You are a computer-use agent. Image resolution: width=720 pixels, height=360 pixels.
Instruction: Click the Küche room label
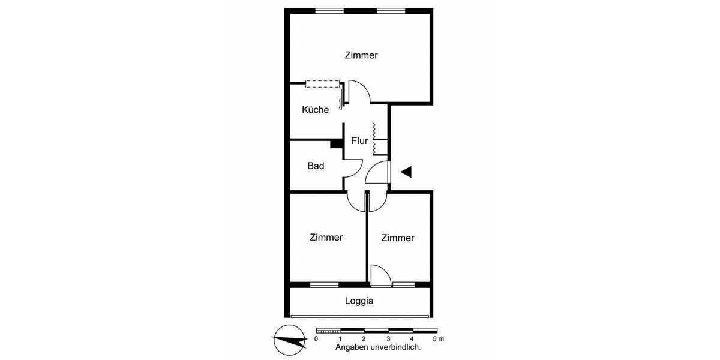315,110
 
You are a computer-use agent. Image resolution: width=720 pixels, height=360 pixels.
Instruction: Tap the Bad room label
316,166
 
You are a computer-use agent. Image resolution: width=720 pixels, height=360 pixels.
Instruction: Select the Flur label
359,141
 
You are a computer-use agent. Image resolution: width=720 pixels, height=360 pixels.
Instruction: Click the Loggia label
359,301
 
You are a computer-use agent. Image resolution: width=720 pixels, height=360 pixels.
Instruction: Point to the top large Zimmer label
361,55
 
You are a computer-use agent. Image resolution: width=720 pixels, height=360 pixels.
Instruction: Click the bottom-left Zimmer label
326,238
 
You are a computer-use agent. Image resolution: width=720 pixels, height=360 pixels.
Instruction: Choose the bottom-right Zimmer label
397,238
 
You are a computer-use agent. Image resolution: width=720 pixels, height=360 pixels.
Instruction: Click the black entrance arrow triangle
406,172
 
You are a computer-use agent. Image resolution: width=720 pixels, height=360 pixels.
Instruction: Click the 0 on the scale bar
316,339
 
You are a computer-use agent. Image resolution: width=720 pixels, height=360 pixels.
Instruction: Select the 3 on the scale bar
388,339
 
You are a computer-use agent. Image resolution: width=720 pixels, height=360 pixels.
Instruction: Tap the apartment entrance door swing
378,173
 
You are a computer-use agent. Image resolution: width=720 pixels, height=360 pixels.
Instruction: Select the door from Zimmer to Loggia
380,275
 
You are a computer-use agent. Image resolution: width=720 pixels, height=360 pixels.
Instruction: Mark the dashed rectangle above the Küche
322,84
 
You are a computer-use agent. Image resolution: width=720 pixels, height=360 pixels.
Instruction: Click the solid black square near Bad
335,143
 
